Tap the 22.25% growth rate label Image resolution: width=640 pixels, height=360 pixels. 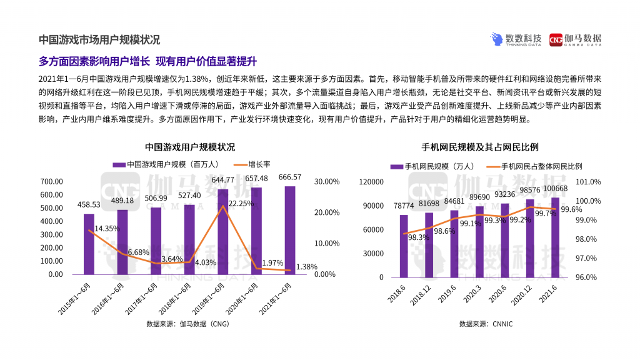241,204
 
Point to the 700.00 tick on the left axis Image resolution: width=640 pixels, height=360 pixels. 52,181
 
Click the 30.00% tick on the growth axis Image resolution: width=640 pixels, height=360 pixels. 326,181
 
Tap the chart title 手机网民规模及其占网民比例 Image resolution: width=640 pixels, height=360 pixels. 481,147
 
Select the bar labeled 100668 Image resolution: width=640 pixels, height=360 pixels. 554,237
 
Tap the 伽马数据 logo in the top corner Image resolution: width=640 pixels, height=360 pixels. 576,40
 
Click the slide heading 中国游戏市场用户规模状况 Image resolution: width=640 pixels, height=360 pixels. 99,39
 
